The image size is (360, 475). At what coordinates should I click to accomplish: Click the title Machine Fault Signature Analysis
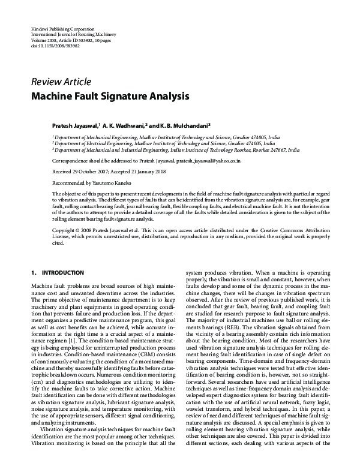pos(111,95)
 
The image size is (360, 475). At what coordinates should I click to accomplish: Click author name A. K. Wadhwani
pos(123,127)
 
